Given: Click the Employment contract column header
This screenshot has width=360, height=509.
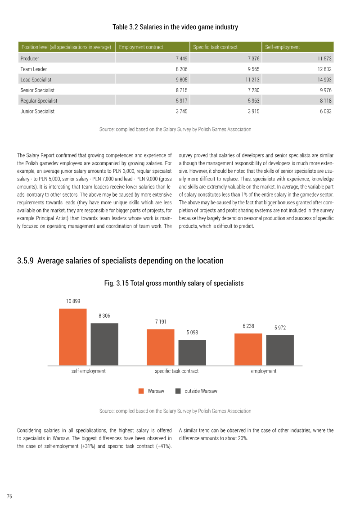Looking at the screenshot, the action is [x=141, y=47].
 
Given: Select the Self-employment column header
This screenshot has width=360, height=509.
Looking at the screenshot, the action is [x=283, y=47].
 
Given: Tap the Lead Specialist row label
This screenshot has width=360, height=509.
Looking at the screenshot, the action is [x=36, y=80].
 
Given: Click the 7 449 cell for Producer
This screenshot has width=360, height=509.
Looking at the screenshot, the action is [x=181, y=59].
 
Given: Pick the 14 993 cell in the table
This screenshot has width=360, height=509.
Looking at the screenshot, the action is [x=324, y=80].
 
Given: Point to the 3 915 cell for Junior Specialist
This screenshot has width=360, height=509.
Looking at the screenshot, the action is [x=253, y=111].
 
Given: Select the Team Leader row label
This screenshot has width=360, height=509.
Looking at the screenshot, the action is [x=33, y=69].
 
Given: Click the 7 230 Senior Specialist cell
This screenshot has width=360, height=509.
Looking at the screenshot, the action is [x=253, y=90].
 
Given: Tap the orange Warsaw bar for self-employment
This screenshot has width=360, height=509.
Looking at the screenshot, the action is [x=73, y=337].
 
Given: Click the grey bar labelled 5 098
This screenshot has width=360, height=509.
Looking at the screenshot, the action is [x=192, y=352].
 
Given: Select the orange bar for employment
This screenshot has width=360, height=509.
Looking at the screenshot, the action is [x=248, y=349].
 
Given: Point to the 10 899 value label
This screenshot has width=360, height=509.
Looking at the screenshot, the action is [x=73, y=301].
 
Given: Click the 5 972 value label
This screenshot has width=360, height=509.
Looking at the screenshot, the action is [x=280, y=328].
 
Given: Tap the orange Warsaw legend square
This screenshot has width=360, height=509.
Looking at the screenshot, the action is [x=141, y=391].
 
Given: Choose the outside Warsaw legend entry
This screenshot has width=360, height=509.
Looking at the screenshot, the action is [x=196, y=391].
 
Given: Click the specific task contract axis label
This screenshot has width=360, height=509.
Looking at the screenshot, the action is [x=176, y=371].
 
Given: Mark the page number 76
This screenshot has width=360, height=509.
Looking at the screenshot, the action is [x=9, y=496].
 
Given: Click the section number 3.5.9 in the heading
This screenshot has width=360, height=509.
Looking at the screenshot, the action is [x=25, y=261].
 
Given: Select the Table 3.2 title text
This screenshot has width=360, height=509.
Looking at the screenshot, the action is [x=175, y=27].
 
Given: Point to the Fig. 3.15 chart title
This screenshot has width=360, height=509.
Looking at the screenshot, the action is [x=174, y=283].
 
